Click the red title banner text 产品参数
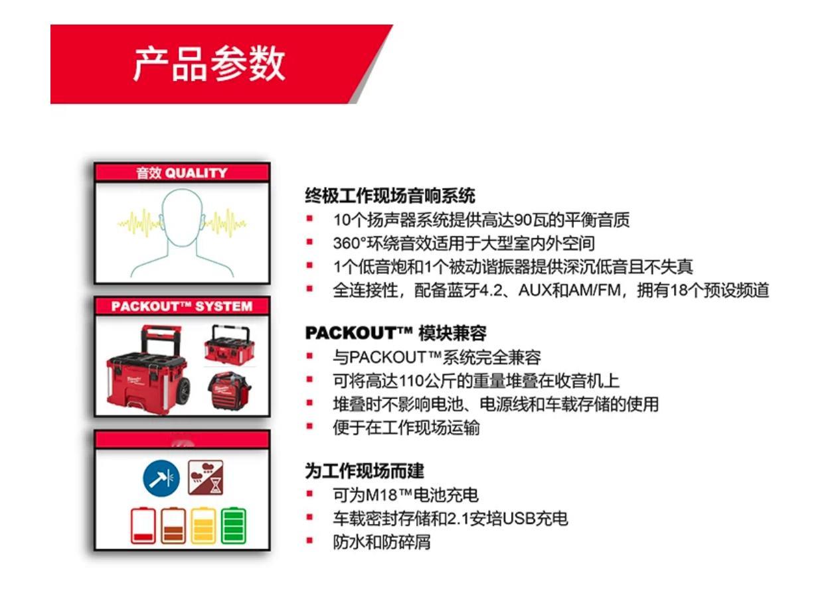(209, 64)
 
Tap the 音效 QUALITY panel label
(181, 173)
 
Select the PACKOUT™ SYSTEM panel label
(181, 306)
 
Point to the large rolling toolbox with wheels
(149, 369)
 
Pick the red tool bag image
(229, 391)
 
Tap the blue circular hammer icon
(161, 478)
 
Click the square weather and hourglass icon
(206, 477)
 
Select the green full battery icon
(233, 525)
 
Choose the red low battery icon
(143, 525)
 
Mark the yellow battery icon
(203, 525)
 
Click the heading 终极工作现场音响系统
(390, 196)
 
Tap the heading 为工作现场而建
(365, 471)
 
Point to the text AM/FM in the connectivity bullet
(595, 291)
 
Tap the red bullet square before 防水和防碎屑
(310, 541)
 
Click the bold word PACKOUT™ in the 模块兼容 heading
(359, 333)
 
